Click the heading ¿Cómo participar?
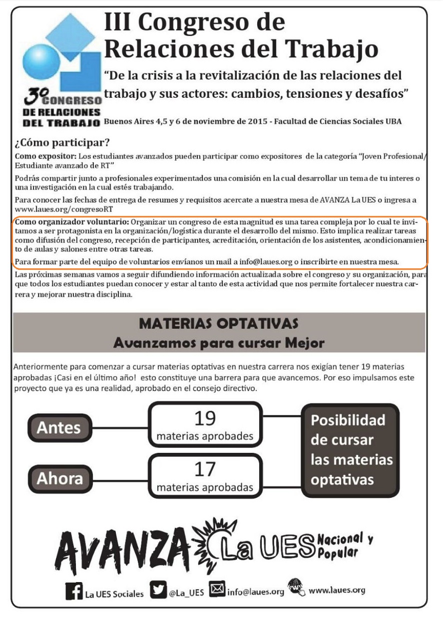click(x=62, y=144)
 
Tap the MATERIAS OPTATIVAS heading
click(x=219, y=323)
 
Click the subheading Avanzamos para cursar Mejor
click(x=219, y=343)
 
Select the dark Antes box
click(x=59, y=428)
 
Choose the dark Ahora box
click(x=59, y=478)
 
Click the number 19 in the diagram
click(x=205, y=418)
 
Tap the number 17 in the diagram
click(x=205, y=469)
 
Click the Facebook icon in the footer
click(x=74, y=592)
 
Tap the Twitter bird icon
click(x=159, y=591)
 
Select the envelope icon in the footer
click(x=217, y=591)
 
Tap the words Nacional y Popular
click(x=344, y=546)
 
